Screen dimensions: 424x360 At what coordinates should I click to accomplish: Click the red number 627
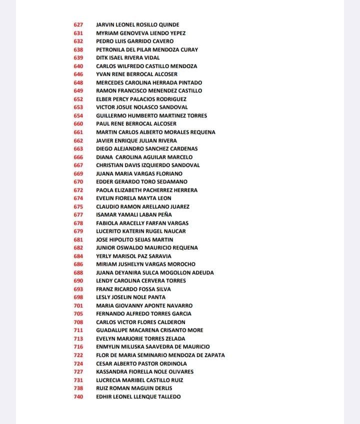[78, 24]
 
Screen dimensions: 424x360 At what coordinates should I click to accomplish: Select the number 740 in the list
[78, 396]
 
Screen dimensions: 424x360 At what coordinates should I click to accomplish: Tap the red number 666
[78, 157]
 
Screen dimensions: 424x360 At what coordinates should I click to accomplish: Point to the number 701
[78, 305]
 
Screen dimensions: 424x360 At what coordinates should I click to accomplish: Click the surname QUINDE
[168, 24]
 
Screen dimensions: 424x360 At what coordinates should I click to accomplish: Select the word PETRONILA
[110, 49]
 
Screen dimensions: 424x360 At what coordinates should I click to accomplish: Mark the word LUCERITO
[108, 231]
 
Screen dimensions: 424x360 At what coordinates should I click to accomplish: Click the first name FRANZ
[104, 289]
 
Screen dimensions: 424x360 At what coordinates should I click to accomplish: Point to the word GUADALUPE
[111, 330]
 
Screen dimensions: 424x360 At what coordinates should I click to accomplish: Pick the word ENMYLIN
[107, 346]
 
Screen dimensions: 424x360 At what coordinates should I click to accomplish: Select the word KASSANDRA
[111, 371]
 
